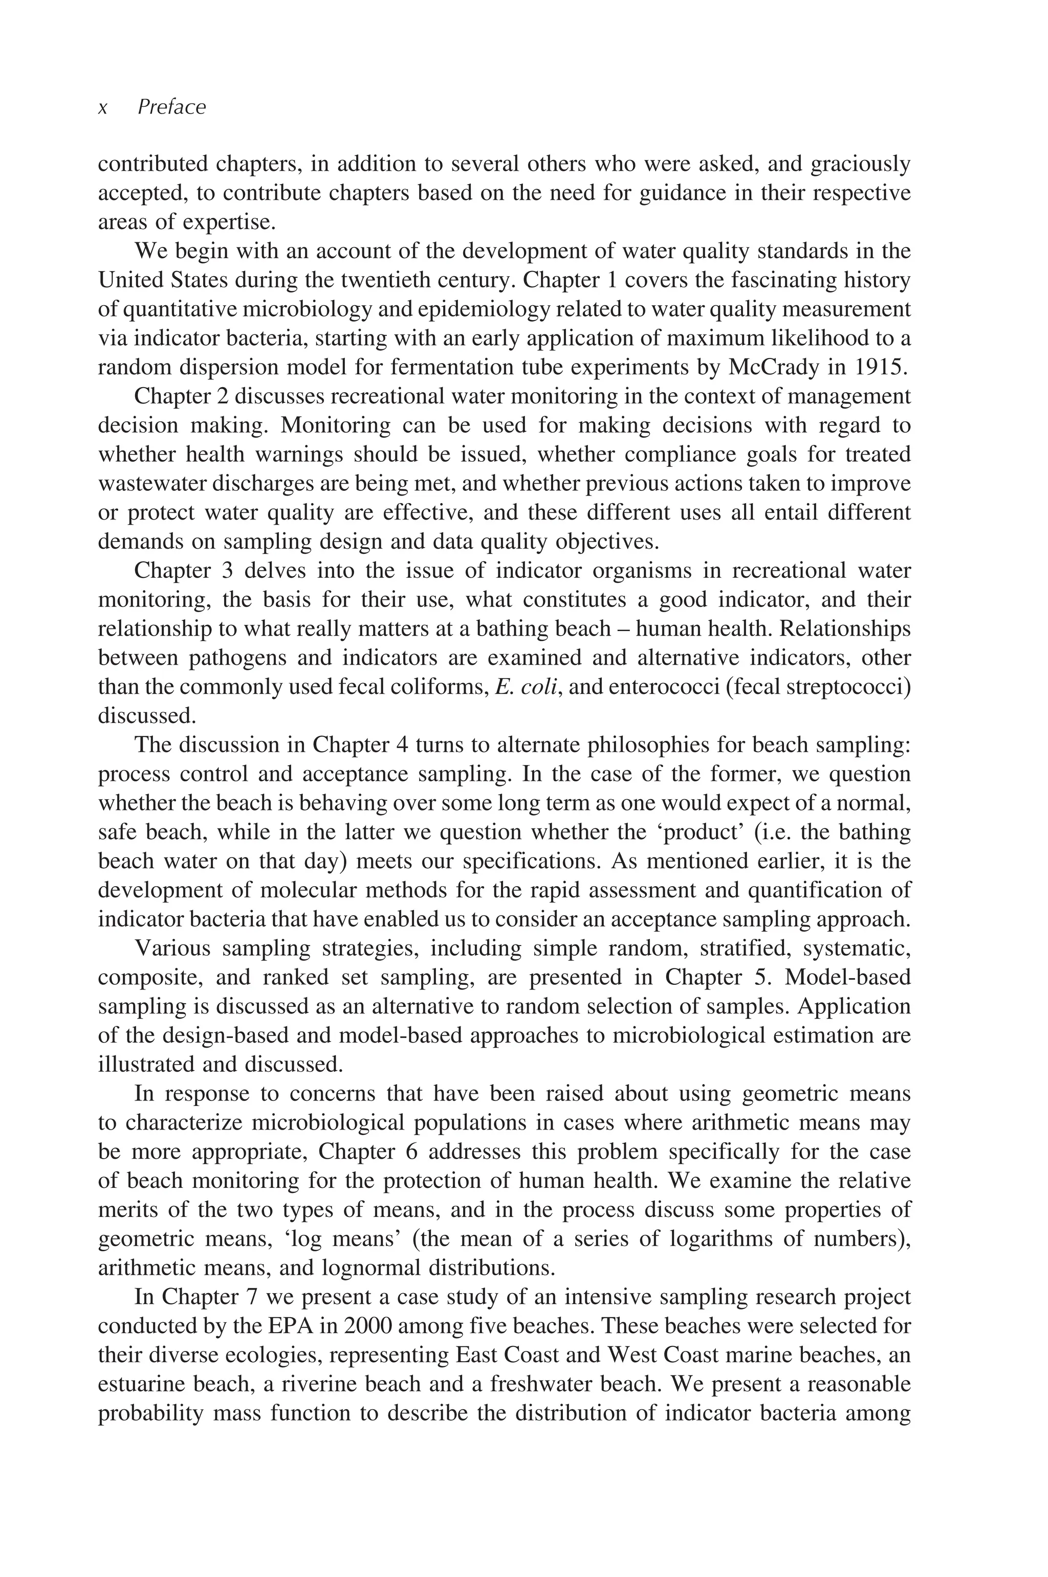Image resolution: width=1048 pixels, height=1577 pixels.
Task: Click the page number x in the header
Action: coord(103,109)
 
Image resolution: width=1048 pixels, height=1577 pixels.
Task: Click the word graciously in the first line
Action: coord(861,164)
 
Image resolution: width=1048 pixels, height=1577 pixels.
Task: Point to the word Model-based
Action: coord(847,977)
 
